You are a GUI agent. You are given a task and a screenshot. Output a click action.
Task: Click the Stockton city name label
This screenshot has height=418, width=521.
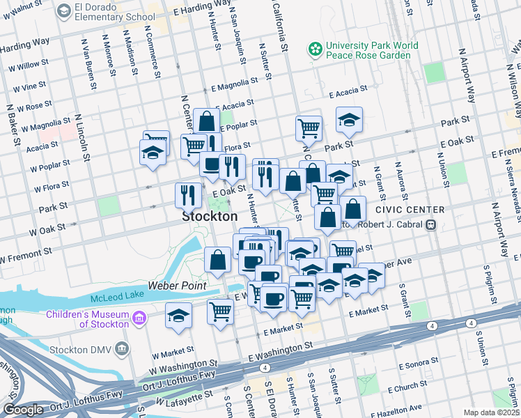tap(210, 217)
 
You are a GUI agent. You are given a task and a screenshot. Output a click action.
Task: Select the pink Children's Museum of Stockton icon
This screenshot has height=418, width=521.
tap(139, 319)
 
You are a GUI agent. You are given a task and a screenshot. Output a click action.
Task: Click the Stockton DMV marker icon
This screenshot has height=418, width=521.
tap(123, 347)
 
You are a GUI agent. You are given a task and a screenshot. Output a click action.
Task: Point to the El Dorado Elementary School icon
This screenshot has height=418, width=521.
tap(65, 11)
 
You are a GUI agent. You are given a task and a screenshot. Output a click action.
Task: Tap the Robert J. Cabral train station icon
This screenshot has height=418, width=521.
tap(432, 225)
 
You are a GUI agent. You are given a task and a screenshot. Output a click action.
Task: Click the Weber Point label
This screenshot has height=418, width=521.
tap(177, 286)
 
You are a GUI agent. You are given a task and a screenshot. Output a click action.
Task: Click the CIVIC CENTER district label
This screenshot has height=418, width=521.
tap(409, 210)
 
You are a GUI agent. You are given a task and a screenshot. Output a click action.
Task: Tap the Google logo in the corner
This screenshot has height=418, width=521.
tap(23, 410)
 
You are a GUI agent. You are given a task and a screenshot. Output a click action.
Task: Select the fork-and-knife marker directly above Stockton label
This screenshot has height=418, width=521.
tap(187, 194)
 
